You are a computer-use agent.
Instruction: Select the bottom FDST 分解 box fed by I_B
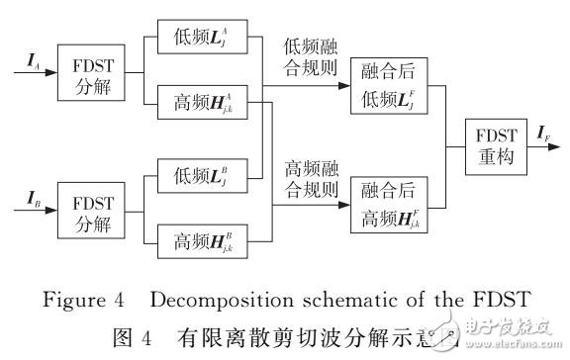84,211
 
